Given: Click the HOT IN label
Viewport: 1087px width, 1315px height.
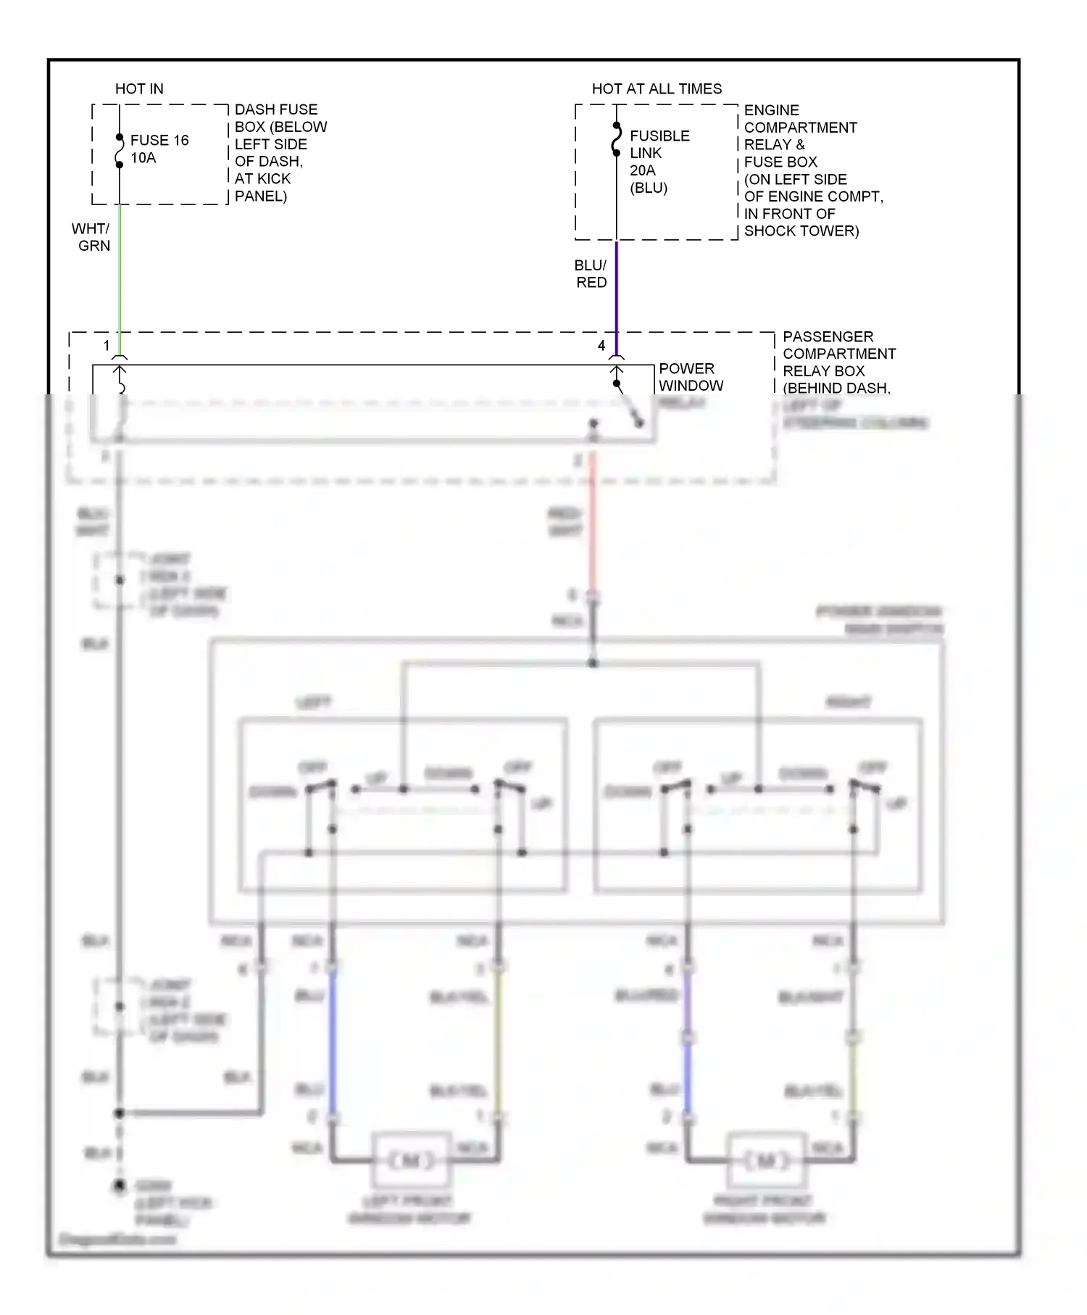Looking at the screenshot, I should click(139, 89).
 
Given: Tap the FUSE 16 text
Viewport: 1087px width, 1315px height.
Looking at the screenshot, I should click(159, 141).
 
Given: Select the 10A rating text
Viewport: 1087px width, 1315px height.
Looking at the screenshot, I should click(143, 158).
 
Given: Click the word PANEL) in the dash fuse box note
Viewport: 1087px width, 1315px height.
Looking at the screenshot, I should click(261, 196).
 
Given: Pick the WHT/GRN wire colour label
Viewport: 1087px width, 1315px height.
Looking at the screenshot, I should click(91, 237).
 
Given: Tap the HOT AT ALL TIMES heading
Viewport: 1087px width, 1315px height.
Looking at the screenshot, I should click(657, 89).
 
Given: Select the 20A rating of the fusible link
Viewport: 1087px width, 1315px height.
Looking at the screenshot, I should click(643, 170).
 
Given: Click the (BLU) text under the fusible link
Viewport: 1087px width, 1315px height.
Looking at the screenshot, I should click(649, 188).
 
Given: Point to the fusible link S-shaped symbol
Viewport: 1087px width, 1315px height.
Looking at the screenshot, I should click(617, 139).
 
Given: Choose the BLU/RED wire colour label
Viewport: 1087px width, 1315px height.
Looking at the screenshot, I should click(591, 274).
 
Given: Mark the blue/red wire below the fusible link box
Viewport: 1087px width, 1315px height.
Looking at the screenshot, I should click(617, 290).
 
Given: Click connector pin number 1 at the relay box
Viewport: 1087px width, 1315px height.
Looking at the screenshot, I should click(107, 346).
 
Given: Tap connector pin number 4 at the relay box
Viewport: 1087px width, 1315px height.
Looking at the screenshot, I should click(601, 346).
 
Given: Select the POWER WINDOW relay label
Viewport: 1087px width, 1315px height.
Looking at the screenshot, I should click(690, 378).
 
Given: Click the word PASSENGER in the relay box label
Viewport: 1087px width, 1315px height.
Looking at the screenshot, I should click(828, 337).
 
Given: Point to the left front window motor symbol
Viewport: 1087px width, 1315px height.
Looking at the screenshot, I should click(411, 1161).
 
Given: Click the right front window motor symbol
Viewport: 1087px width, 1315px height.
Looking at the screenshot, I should click(766, 1161).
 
